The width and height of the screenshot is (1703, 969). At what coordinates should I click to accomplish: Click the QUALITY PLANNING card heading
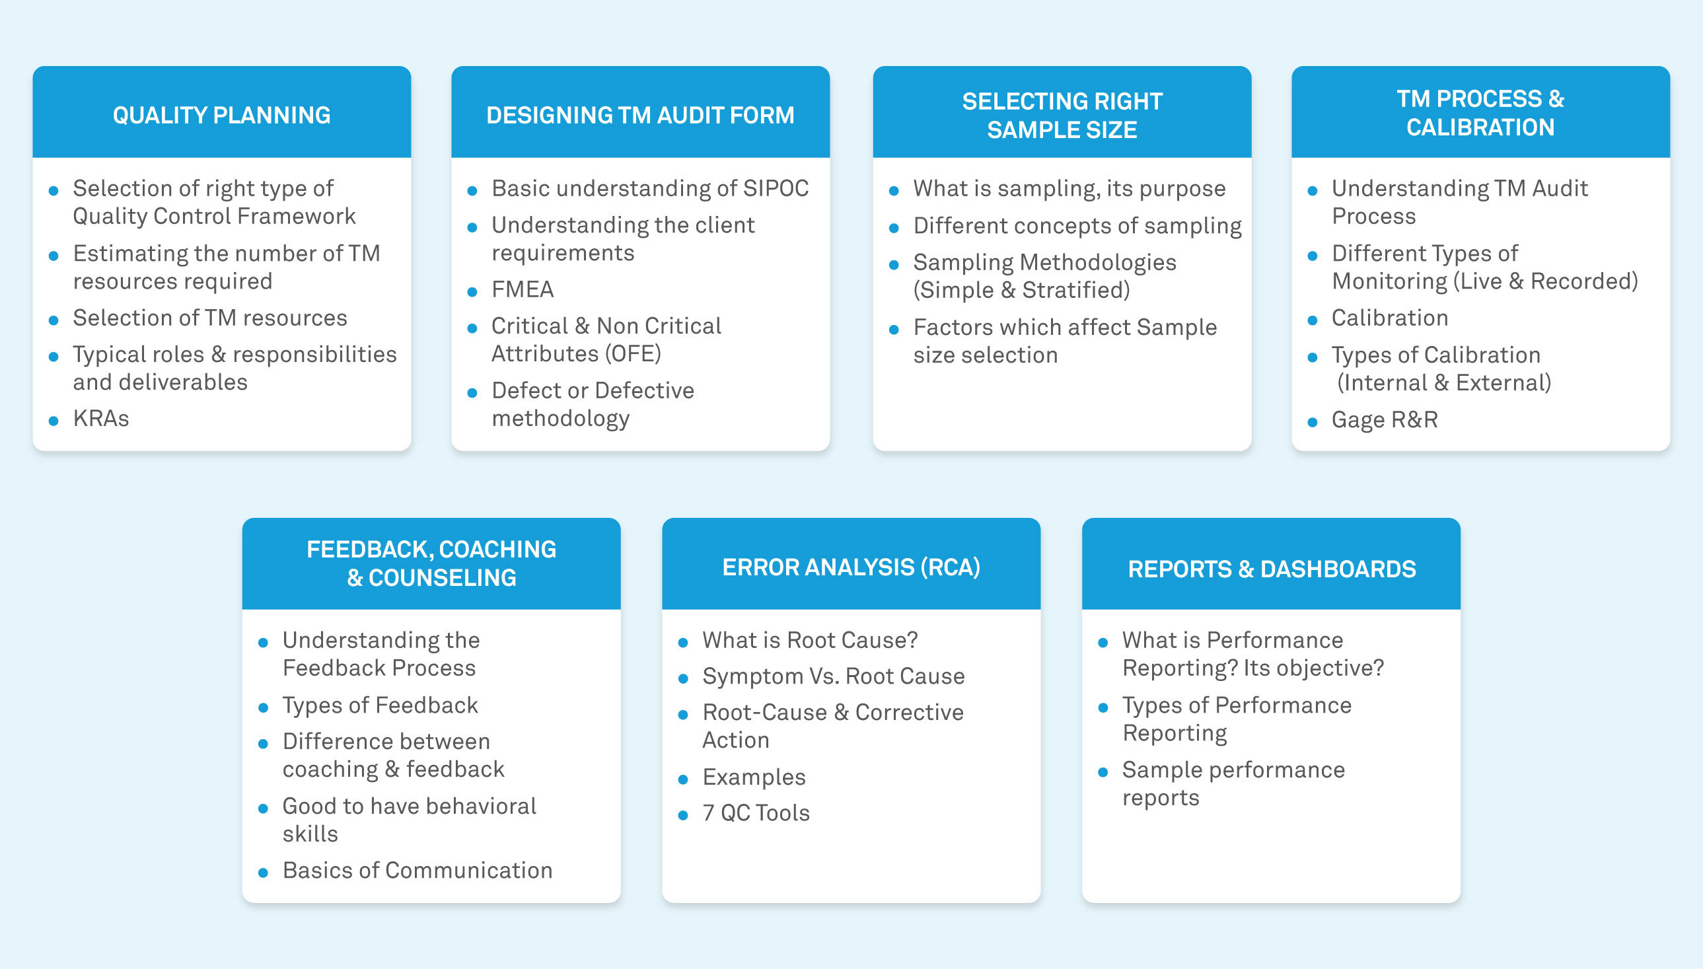tap(221, 115)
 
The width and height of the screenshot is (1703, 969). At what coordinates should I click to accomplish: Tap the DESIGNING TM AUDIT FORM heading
tap(639, 115)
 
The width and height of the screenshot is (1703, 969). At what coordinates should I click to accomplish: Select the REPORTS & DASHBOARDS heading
tap(1271, 569)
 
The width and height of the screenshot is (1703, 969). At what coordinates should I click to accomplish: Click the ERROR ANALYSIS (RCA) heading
tap(850, 567)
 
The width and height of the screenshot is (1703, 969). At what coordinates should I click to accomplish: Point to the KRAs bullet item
tap(101, 419)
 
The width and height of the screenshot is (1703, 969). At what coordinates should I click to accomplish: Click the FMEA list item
tap(523, 289)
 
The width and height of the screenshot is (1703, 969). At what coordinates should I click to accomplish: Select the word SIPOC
tap(776, 188)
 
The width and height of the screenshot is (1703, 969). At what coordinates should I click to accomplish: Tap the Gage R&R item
tap(1384, 420)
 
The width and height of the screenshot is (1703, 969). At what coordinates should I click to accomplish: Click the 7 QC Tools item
tap(756, 812)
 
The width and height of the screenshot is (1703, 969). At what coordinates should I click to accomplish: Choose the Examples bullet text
tap(754, 777)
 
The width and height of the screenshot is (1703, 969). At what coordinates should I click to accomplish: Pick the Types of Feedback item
tap(380, 705)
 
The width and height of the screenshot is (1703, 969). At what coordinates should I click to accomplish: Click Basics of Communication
tap(417, 870)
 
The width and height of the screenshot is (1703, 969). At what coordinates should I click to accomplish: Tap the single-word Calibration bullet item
tap(1390, 318)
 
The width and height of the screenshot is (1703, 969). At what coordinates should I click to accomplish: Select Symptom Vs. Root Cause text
tap(833, 676)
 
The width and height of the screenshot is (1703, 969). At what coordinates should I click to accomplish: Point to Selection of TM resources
tap(209, 318)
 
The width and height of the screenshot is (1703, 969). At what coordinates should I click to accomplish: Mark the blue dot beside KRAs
tap(54, 421)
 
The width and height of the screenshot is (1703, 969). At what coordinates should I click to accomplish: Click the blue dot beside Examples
tap(683, 779)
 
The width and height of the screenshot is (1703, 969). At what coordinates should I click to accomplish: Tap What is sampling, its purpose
tap(1069, 188)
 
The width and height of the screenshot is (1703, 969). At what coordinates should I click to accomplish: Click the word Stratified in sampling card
tap(1073, 290)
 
